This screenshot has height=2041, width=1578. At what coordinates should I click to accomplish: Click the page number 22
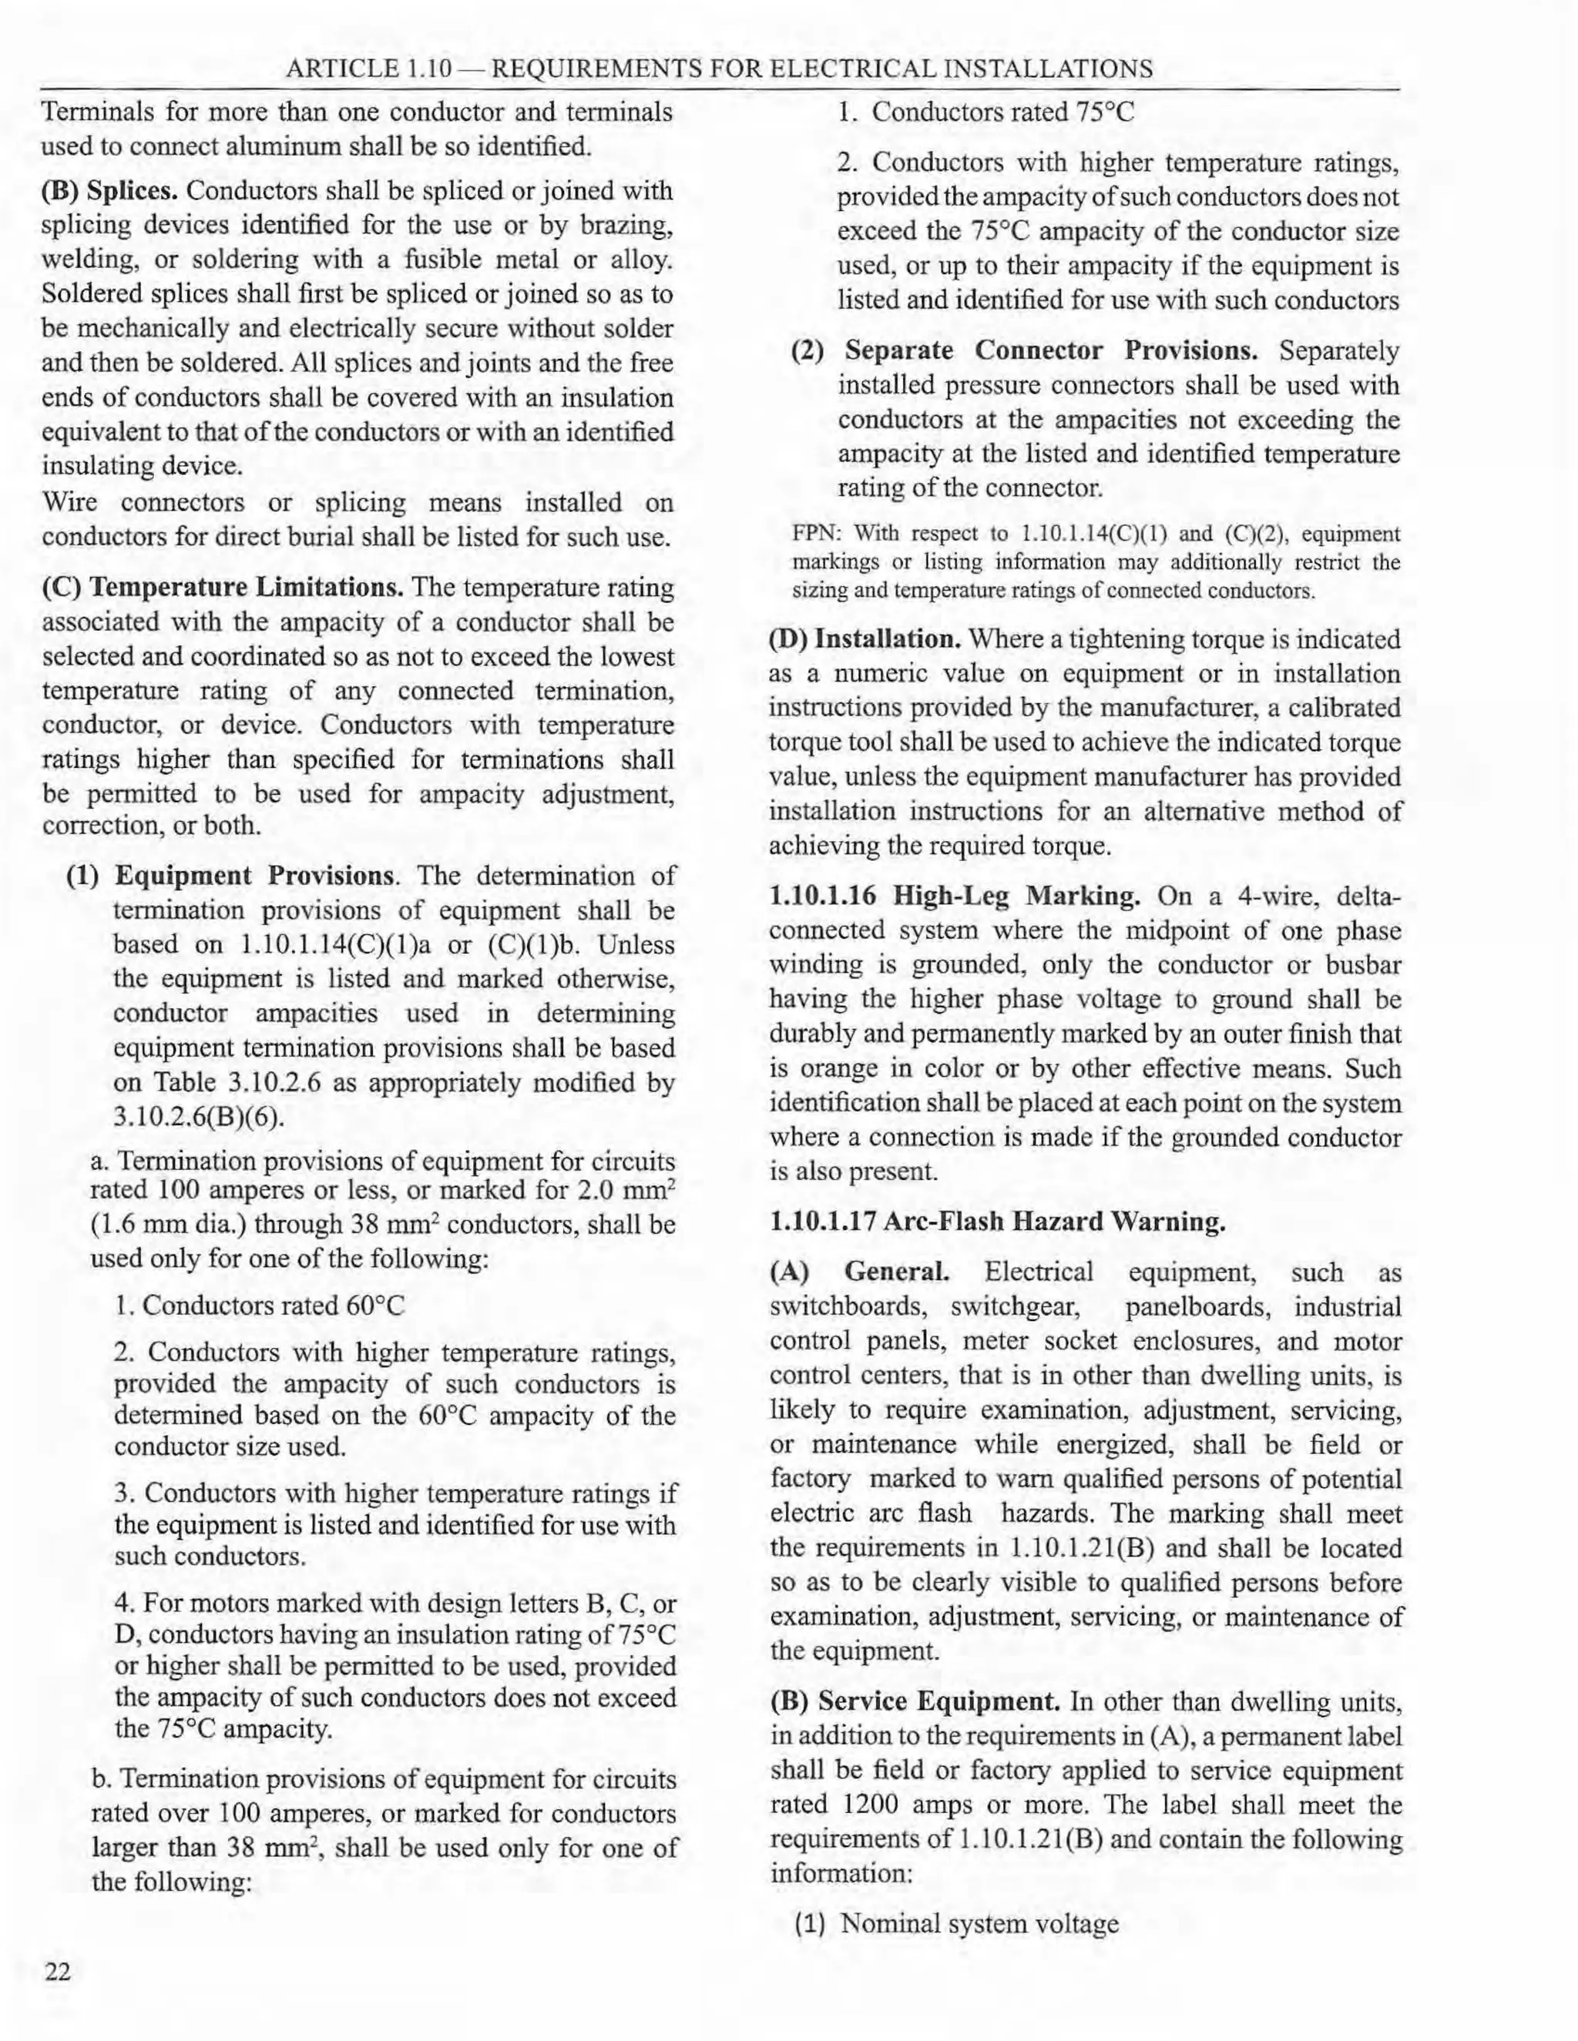[57, 1972]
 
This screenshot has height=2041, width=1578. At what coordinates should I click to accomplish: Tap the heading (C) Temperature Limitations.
[223, 588]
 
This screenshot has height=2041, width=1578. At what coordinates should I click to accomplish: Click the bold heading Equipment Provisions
[254, 876]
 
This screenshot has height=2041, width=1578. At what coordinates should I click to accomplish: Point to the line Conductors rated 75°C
[1002, 113]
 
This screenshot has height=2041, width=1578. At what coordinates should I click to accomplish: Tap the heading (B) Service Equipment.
[915, 1701]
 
